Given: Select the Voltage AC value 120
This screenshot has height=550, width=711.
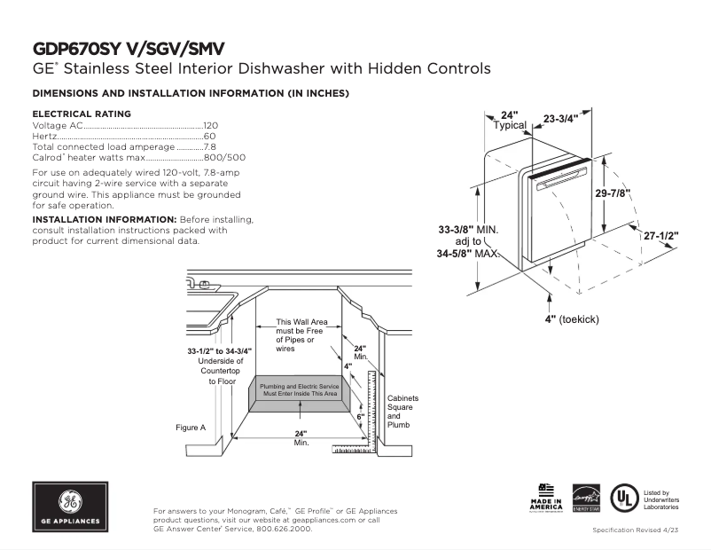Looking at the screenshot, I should [x=211, y=126].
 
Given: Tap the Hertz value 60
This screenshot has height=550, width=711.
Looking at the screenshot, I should [x=210, y=137].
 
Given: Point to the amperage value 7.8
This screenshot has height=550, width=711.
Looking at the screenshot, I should [x=210, y=147].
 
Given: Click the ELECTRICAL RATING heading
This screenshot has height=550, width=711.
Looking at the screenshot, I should [x=82, y=114].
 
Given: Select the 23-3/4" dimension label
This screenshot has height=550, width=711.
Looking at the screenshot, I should [x=560, y=117].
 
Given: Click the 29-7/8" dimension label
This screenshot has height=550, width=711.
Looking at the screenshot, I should [x=613, y=193].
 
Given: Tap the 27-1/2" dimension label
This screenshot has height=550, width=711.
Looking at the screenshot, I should [x=660, y=235].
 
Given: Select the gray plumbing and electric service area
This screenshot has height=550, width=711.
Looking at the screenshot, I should [x=299, y=389].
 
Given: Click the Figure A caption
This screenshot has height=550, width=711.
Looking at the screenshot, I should [x=191, y=428].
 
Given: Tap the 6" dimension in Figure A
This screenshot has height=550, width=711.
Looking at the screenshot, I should [x=360, y=416].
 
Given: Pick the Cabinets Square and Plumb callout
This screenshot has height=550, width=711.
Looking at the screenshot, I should [x=402, y=412].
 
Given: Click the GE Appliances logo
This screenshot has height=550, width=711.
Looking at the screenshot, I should [x=70, y=507].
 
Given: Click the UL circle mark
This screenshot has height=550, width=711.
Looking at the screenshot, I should [x=626, y=498].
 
